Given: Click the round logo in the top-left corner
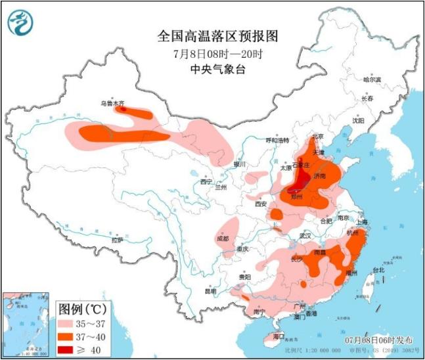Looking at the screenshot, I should [20, 23].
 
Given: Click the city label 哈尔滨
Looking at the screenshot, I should [372, 79].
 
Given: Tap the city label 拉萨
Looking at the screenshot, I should [117, 241].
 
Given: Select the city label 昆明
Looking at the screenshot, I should [210, 290].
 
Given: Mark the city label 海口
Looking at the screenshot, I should [279, 336].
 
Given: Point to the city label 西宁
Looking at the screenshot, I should [206, 181].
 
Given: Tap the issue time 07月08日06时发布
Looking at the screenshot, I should [379, 340].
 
